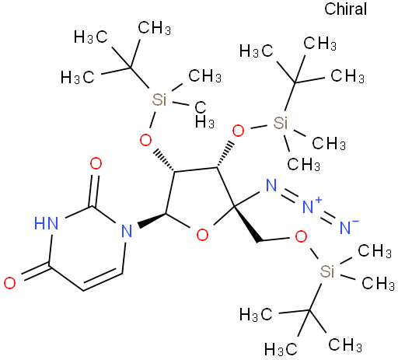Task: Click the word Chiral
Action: click(x=345, y=9)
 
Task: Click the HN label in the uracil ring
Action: click(x=47, y=223)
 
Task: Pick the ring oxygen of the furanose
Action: click(x=202, y=235)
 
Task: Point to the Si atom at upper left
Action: click(x=159, y=100)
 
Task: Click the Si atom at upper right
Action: click(x=281, y=123)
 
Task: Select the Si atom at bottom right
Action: click(x=327, y=271)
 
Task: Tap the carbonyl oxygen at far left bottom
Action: click(x=9, y=283)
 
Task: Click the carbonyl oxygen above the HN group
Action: click(x=96, y=163)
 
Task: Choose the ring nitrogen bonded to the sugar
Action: click(x=127, y=231)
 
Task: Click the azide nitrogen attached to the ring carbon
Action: click(x=271, y=185)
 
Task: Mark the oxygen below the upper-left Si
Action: click(x=145, y=140)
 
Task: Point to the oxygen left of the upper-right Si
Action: click(x=238, y=131)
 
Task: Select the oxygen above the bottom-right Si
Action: click(x=301, y=236)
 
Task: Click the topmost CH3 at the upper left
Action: click(x=154, y=28)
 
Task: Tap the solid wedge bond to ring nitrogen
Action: click(x=152, y=219)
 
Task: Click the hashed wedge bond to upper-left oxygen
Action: click(x=164, y=160)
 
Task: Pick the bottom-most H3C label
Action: click(x=281, y=349)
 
